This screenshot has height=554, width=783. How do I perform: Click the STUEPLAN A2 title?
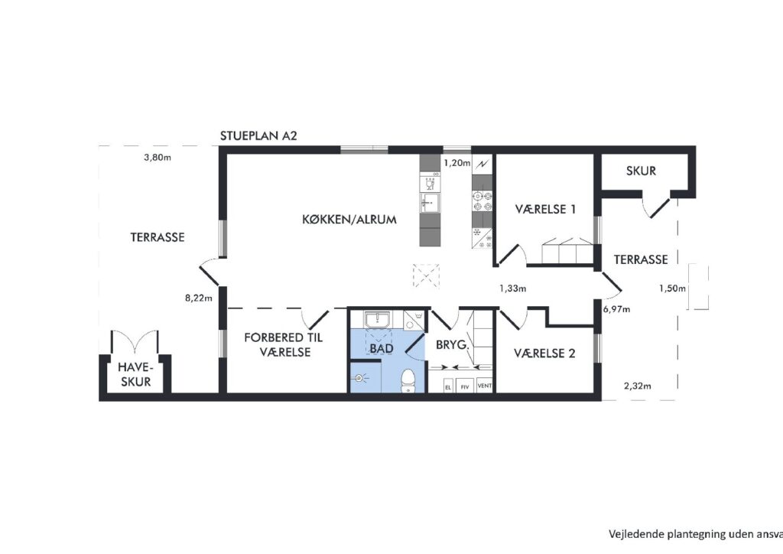pos(258,136)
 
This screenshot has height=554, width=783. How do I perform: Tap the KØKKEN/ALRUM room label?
pos(349,220)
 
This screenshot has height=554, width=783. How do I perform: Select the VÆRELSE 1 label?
pos(545,209)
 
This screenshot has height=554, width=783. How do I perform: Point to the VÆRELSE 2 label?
pos(544,354)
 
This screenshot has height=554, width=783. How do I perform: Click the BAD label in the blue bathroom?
pos(382,348)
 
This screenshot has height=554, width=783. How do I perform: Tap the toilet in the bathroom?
pos(408,380)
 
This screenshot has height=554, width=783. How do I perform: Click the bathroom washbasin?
pos(379,319)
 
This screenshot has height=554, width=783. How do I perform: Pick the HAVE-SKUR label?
pos(135,375)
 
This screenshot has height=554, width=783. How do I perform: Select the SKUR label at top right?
pos(642,171)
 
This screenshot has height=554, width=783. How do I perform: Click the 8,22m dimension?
pos(199,298)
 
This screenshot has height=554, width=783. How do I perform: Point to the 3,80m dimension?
pos(158,158)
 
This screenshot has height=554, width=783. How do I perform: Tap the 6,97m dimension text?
pos(617,309)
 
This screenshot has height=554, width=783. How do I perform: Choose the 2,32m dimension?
pos(637,386)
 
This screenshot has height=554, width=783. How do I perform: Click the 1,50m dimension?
pos(673,288)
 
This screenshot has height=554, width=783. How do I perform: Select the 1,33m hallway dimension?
pos(513,288)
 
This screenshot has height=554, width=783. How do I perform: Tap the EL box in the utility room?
pos(448,386)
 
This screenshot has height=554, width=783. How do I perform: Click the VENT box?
pos(484,386)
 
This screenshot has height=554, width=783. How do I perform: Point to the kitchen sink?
pos(430,201)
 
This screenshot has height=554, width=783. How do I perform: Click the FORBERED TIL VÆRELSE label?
pos(284,345)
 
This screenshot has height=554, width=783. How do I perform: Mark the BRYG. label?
pos(453,344)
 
